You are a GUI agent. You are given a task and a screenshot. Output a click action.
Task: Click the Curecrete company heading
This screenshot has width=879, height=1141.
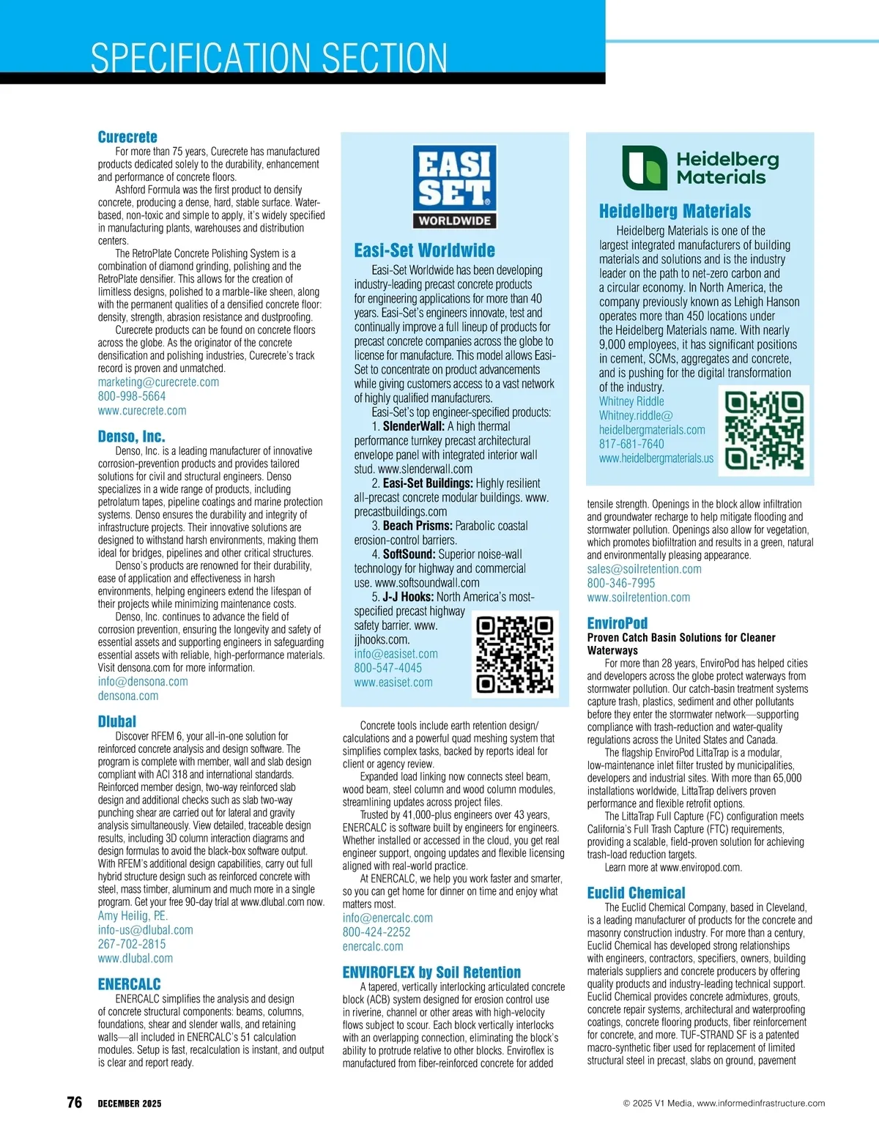127,137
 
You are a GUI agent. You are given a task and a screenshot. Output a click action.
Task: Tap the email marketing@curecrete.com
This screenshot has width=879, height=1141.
158,382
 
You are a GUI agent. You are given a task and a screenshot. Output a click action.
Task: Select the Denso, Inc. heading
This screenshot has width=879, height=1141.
131,436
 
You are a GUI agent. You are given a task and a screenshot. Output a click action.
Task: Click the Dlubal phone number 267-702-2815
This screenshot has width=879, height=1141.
132,944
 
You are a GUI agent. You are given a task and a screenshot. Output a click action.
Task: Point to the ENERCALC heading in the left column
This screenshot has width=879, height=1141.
130,984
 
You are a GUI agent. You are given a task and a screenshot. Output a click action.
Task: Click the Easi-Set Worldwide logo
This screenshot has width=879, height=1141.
454,186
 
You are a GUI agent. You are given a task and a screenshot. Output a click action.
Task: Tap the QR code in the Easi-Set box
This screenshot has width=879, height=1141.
514,654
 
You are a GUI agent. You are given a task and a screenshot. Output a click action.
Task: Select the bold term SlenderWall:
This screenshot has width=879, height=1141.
413,426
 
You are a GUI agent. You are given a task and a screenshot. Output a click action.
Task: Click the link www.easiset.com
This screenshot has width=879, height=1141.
393,682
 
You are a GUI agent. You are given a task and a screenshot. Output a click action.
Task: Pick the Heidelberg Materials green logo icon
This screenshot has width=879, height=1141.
645,168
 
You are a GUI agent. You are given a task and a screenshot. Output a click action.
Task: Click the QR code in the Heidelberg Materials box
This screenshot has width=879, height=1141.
764,430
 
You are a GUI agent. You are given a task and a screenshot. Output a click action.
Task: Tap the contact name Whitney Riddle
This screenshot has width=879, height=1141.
631,401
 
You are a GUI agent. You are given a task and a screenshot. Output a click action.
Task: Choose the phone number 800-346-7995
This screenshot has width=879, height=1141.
621,583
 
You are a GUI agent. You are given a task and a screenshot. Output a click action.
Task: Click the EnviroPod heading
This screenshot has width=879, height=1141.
617,623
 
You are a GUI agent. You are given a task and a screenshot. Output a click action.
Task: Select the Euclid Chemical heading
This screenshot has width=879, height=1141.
636,893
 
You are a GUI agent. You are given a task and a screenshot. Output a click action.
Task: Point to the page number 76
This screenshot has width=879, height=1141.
74,1102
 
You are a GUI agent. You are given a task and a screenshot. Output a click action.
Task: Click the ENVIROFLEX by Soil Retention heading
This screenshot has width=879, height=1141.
431,973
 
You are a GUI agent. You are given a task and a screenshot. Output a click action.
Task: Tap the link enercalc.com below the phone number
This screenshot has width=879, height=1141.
373,946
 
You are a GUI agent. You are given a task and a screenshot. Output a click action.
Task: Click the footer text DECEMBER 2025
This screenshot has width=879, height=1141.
130,1104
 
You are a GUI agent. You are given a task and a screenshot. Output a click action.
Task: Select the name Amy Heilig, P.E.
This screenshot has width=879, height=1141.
133,915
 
